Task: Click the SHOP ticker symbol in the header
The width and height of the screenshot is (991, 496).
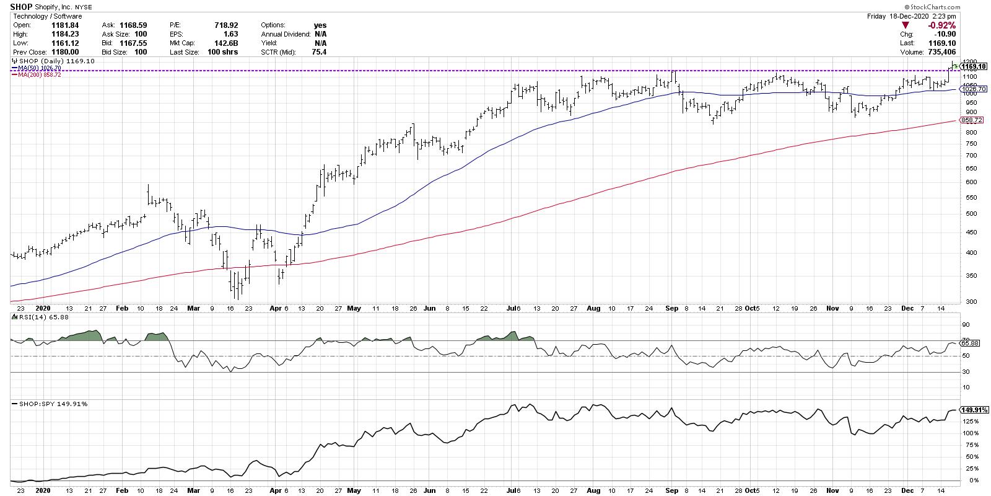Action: coord(22,7)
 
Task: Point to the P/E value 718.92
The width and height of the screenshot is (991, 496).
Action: coord(225,25)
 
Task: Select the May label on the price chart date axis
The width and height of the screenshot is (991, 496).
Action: coord(354,308)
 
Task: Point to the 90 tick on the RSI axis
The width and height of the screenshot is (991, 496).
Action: coord(965,324)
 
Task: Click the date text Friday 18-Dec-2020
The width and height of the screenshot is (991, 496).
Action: coord(902,15)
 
